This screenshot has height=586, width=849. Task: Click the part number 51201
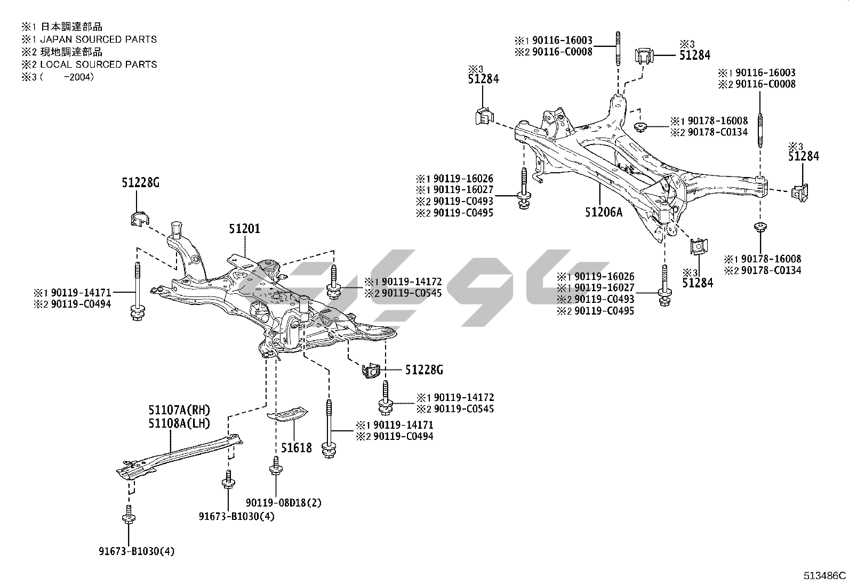click(244, 229)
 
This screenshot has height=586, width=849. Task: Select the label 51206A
click(603, 212)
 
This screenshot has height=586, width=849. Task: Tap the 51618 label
click(297, 447)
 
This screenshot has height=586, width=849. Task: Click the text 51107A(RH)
click(179, 410)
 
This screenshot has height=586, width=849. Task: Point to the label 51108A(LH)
click(179, 423)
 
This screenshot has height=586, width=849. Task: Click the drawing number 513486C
click(824, 575)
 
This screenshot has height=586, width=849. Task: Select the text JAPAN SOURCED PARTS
click(98, 39)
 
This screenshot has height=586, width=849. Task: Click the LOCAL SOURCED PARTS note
click(98, 65)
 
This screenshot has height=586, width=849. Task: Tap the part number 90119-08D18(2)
click(284, 502)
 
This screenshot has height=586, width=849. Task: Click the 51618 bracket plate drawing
click(288, 414)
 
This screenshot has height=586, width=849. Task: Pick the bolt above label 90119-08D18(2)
click(275, 465)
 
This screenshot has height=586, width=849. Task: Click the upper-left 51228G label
click(140, 183)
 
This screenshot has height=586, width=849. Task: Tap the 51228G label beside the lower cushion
click(424, 370)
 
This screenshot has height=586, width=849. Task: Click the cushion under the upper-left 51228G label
click(139, 218)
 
